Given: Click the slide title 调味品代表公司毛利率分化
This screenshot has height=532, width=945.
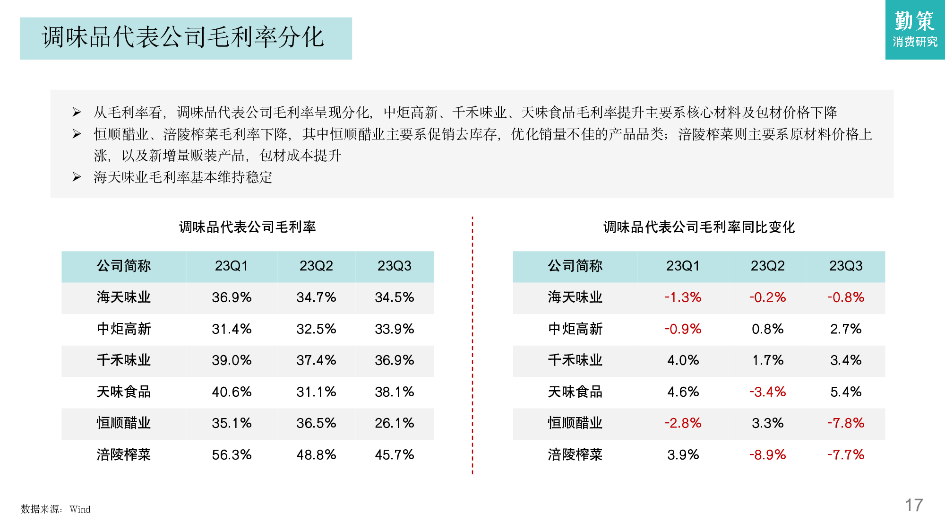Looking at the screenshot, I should (183, 37).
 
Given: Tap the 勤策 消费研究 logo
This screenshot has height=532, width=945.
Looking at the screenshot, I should (915, 29).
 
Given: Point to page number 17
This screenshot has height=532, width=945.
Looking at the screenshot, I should (913, 505).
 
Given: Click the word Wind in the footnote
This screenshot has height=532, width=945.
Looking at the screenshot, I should (80, 509).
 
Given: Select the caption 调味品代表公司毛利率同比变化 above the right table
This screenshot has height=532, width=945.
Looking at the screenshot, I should (699, 227).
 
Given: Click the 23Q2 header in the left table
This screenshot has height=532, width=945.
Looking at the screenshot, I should (316, 266).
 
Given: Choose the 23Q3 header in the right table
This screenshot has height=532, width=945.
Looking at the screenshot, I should (846, 266).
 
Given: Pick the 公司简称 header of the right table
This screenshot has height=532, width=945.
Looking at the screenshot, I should (575, 266).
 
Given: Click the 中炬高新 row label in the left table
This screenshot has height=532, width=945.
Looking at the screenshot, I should (124, 329).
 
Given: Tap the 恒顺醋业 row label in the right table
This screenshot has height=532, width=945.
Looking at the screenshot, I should (575, 423).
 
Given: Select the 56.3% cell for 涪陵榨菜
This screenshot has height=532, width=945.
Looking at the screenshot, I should (232, 454).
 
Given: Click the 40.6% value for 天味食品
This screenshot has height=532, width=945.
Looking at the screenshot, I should (232, 392).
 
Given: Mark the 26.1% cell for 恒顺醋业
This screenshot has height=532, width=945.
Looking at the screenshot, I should (395, 423).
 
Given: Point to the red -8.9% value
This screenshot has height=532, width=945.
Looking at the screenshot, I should (767, 454).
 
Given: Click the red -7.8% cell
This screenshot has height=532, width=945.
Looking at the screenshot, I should (846, 423).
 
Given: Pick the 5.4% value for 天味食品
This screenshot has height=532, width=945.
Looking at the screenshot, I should (846, 392).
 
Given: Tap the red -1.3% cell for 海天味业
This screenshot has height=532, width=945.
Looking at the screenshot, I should (683, 297).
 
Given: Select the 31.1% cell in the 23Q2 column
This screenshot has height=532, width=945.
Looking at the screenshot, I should (316, 392).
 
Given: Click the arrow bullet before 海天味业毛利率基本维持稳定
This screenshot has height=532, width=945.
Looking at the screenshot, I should (77, 177).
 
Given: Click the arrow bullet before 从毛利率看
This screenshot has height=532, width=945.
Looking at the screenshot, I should (77, 112).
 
